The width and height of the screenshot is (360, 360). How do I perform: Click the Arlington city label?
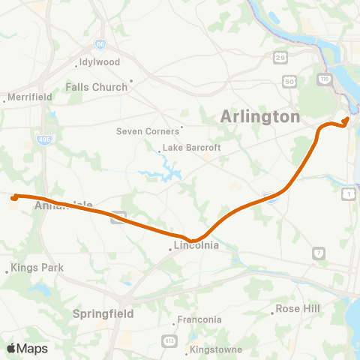point(259,117)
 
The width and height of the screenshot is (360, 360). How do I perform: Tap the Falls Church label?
point(97,87)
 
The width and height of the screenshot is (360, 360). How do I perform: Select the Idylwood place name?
point(99,64)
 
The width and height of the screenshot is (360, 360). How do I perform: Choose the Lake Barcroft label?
point(191,148)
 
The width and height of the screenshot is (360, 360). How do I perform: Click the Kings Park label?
point(37,268)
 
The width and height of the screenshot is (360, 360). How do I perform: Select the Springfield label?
point(103,313)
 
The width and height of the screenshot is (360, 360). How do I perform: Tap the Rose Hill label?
point(297,308)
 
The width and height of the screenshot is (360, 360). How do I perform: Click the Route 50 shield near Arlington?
point(288,80)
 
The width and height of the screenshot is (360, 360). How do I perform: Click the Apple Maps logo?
point(27,348)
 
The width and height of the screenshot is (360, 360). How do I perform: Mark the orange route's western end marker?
point(14,198)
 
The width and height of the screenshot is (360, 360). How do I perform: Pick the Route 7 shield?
point(319,253)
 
